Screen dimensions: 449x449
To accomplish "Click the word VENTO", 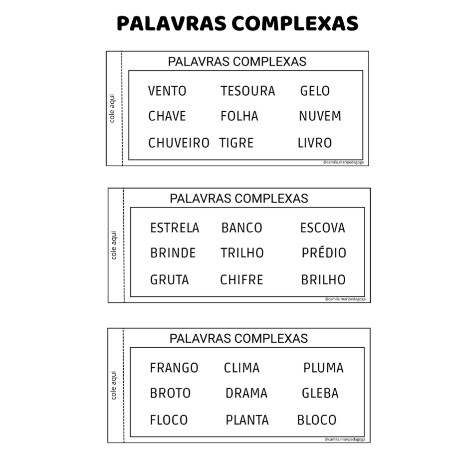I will [x=167, y=91].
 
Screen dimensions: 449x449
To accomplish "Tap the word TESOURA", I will [x=248, y=91].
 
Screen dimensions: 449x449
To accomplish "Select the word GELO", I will [x=315, y=91].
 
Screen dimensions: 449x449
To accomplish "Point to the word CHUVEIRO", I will [x=179, y=143].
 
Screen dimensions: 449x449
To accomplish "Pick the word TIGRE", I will [x=236, y=143].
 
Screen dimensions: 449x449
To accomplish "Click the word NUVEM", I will [x=320, y=117].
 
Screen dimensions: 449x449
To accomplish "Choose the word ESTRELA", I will [x=175, y=228].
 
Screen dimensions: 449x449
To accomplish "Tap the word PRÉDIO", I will [x=324, y=253].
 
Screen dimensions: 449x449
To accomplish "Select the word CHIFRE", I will [x=241, y=280].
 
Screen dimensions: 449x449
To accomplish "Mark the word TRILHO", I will [x=242, y=253].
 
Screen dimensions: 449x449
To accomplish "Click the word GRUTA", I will [x=170, y=280].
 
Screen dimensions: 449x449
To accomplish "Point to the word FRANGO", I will [x=174, y=368].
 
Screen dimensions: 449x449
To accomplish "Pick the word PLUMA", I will [x=323, y=368].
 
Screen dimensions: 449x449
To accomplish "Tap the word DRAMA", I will [x=246, y=394].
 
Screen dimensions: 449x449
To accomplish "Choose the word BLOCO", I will [x=317, y=420].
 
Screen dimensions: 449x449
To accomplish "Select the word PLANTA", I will [x=247, y=420].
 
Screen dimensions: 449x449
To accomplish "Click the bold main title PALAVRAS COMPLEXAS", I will [x=237, y=23].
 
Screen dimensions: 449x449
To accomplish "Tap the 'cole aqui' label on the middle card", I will [x=114, y=245].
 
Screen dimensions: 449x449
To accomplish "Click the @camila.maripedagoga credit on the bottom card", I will [x=345, y=439].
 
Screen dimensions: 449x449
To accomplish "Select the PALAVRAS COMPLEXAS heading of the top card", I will [x=237, y=62].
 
